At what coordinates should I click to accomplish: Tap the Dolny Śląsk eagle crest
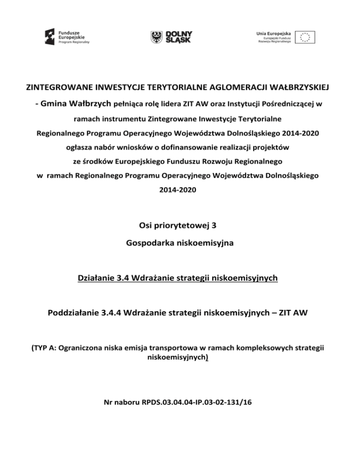coord(157,37)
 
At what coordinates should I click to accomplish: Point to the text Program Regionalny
coord(74,42)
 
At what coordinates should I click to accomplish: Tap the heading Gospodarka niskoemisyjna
coord(180,245)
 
